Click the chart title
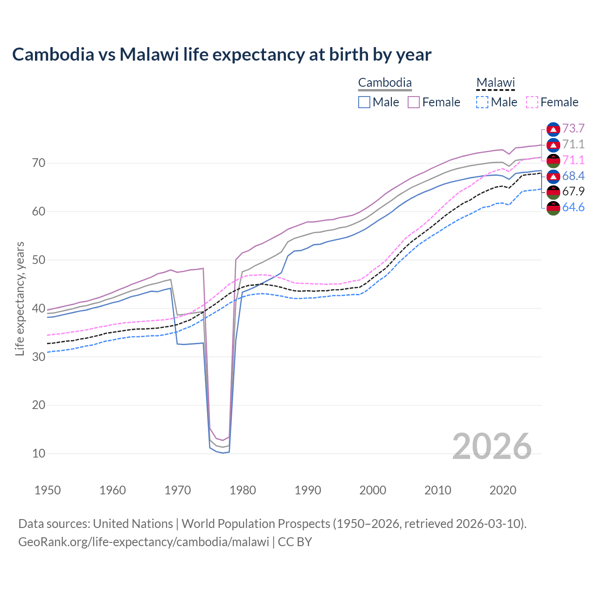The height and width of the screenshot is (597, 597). (x=222, y=55)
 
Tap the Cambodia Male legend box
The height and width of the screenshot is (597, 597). (x=364, y=102)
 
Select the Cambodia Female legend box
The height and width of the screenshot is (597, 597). (x=414, y=102)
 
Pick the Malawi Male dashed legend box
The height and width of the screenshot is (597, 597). (x=482, y=102)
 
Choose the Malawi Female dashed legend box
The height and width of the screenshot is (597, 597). (x=532, y=102)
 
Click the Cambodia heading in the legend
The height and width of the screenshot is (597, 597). (x=385, y=83)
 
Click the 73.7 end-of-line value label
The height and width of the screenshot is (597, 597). (x=573, y=129)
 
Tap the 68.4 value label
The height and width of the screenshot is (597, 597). (x=573, y=176)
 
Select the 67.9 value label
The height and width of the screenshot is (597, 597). (x=573, y=192)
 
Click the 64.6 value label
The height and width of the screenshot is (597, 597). (x=573, y=208)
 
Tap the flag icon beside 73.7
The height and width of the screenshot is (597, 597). (x=553, y=129)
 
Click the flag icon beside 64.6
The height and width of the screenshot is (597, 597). (x=553, y=208)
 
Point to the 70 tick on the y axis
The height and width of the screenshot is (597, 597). (x=39, y=163)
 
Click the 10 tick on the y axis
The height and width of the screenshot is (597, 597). (x=39, y=453)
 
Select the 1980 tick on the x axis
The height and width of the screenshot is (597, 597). (x=243, y=490)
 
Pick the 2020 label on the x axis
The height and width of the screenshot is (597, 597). (x=503, y=490)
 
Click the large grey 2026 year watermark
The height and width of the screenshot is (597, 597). (x=492, y=446)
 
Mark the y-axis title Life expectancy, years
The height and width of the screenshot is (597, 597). (x=20, y=298)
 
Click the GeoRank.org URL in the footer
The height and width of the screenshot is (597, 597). (x=144, y=542)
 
